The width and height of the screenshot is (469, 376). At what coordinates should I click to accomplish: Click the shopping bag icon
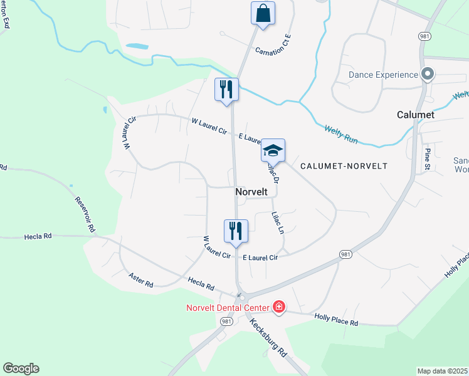pyautogui.click(x=263, y=13)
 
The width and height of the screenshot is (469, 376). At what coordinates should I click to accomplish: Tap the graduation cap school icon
pyautogui.click(x=273, y=151)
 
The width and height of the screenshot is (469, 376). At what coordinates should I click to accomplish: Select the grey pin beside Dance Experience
pyautogui.click(x=428, y=75)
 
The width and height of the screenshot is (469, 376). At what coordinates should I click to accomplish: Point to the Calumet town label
pyautogui.click(x=416, y=115)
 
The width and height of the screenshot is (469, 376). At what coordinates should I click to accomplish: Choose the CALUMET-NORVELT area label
pyautogui.click(x=344, y=166)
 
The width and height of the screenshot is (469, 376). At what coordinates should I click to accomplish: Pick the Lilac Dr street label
pyautogui.click(x=273, y=172)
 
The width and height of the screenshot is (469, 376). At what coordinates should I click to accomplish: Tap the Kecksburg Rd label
pyautogui.click(x=268, y=337)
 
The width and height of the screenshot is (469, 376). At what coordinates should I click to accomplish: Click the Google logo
pyautogui.click(x=21, y=368)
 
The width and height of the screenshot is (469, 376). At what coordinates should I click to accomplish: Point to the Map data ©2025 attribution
pyautogui.click(x=442, y=371)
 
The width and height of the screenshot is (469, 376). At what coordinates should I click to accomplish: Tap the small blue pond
pyautogui.click(x=137, y=46)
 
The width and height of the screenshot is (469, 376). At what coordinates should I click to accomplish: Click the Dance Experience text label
pyautogui.click(x=383, y=75)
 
